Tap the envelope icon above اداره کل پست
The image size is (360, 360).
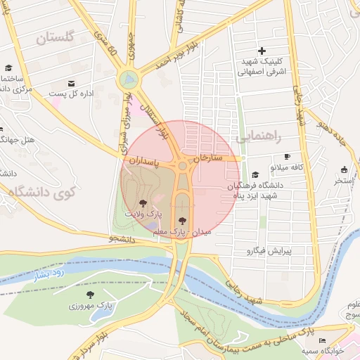(x=72, y=84)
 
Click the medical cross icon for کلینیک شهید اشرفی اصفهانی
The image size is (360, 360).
(x=262, y=51)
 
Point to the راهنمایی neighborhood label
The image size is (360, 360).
(x=260, y=137)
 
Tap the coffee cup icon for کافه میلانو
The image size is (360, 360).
(x=287, y=157)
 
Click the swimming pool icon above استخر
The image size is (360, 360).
(x=344, y=169)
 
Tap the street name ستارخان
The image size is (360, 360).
(x=211, y=157)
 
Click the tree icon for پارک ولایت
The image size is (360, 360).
(x=143, y=202)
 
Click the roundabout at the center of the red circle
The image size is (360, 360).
(x=183, y=167)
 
